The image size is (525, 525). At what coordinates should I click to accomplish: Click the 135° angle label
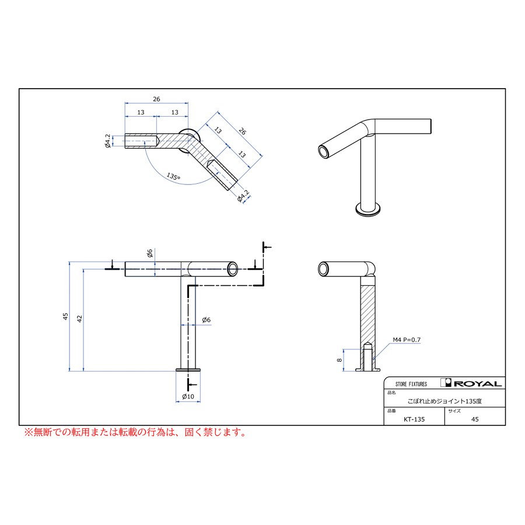(173, 176)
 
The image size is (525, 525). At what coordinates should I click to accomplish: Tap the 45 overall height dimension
(66, 316)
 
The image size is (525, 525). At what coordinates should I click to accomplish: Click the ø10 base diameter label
(188, 397)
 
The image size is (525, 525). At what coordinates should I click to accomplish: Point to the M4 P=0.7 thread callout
(407, 339)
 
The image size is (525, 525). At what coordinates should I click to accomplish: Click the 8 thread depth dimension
(339, 360)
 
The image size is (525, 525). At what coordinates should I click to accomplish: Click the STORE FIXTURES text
(411, 384)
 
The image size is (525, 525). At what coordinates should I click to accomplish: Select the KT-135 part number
(414, 419)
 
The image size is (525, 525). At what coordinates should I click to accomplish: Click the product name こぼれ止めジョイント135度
(444, 401)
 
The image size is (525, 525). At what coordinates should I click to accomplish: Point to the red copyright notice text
(134, 433)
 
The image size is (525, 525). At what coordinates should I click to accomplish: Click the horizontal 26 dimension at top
(156, 99)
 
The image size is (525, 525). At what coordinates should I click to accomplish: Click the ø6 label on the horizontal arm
(150, 253)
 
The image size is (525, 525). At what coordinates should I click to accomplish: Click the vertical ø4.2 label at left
(108, 141)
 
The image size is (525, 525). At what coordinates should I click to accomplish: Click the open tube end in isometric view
(323, 152)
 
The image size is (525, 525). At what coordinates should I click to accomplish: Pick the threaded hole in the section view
(367, 357)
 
